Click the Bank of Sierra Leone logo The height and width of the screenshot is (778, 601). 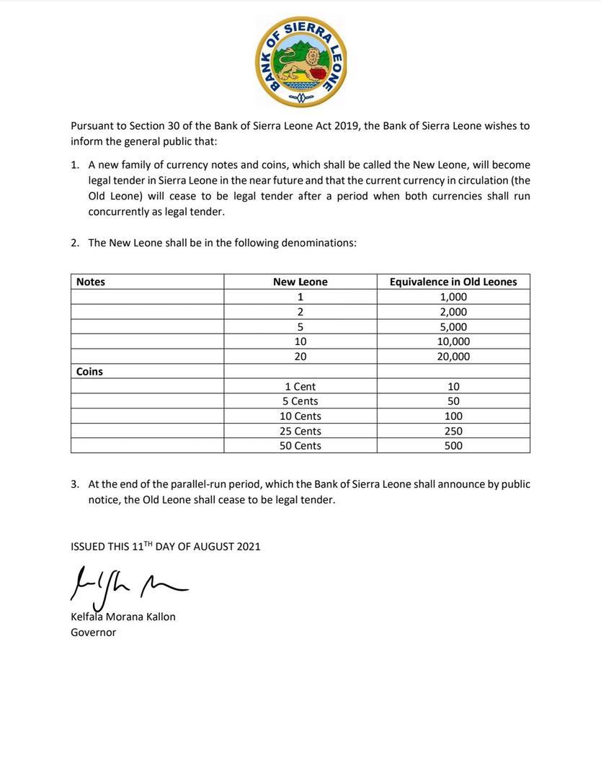pyautogui.click(x=300, y=62)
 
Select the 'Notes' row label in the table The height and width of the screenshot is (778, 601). pyautogui.click(x=91, y=282)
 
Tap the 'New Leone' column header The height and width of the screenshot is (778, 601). pyautogui.click(x=300, y=282)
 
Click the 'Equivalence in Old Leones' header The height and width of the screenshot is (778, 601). pyautogui.click(x=453, y=282)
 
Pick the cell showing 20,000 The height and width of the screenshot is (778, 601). pyautogui.click(x=453, y=357)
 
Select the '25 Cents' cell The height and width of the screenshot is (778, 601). pyautogui.click(x=300, y=431)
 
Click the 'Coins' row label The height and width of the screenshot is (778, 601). pyautogui.click(x=89, y=372)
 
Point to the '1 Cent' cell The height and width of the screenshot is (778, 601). pyautogui.click(x=300, y=387)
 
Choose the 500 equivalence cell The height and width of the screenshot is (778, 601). pyautogui.click(x=453, y=446)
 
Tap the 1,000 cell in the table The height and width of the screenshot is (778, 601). pyautogui.click(x=453, y=297)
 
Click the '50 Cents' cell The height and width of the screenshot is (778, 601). pyautogui.click(x=300, y=446)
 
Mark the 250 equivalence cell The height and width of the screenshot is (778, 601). pyautogui.click(x=453, y=431)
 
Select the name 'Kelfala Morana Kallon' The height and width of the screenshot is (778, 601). pyautogui.click(x=123, y=617)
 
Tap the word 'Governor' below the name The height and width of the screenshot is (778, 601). pyautogui.click(x=93, y=632)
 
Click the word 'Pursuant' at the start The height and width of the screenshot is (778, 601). pyautogui.click(x=93, y=125)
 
